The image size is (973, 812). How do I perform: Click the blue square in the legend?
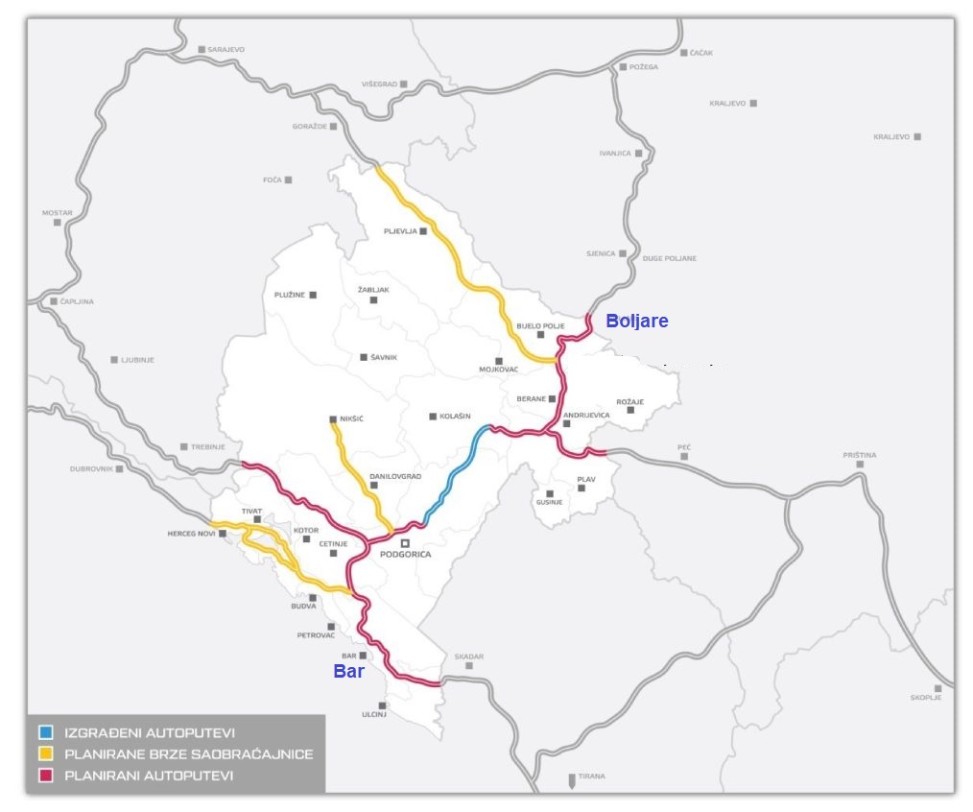tap(45, 732)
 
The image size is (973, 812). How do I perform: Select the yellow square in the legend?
tap(45, 753)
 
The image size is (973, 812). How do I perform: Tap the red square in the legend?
tap(45, 775)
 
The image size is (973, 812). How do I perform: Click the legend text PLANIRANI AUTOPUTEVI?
tap(148, 775)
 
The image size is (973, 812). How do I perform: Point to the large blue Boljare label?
tap(637, 322)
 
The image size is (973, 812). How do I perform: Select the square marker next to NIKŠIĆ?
tap(332, 419)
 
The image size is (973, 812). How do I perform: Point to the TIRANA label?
tap(591, 776)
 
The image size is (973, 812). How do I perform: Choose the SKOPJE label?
tap(925, 698)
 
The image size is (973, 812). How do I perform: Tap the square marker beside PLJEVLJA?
tap(422, 231)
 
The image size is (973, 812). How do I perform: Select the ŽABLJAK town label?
tap(373, 289)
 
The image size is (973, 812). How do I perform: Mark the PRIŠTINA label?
tap(859, 454)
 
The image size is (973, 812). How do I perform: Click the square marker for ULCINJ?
tap(383, 705)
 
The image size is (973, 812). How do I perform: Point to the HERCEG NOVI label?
tap(189, 534)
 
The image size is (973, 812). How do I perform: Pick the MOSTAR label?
tap(57, 212)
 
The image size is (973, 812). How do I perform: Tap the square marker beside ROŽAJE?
tap(630, 410)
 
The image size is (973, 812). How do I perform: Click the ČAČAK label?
tap(701, 53)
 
